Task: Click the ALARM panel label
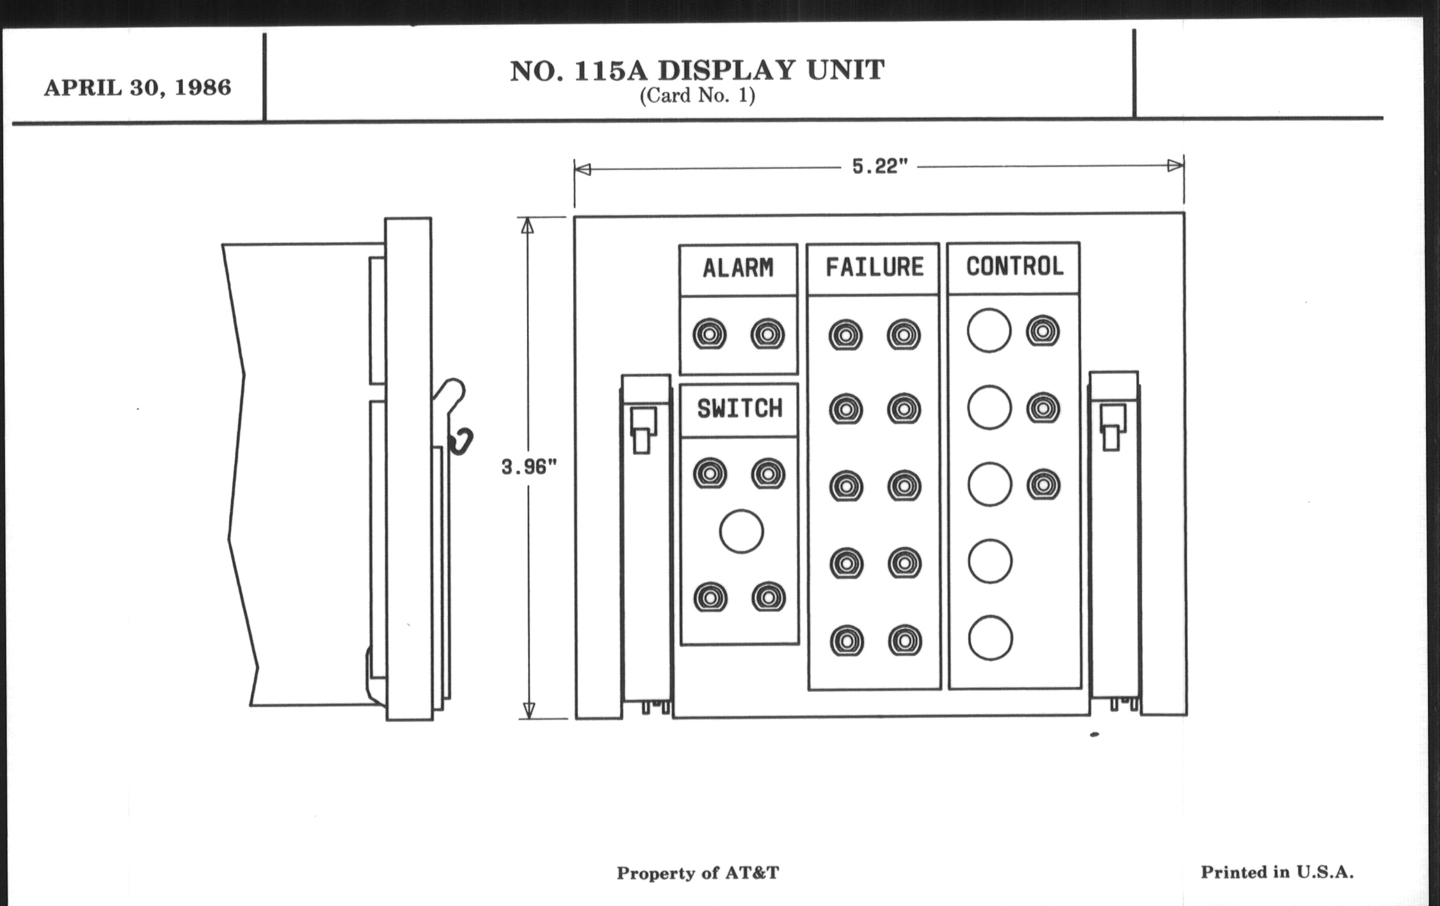point(738,268)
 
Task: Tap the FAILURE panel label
point(875,266)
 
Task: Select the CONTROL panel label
point(1015,266)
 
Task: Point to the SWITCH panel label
point(740,409)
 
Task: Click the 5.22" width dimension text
point(880,167)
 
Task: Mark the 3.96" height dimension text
point(529,467)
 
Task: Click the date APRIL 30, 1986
point(137,88)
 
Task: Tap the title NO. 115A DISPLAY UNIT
point(697,70)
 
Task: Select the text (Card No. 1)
point(697,96)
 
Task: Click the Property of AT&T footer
point(698,873)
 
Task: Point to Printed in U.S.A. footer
point(1277,872)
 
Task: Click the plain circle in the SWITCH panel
point(741,531)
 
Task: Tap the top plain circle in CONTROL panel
point(989,330)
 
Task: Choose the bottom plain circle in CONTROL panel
point(991,638)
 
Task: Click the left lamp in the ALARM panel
point(710,335)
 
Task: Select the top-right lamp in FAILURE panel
point(904,335)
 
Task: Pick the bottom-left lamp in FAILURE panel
point(847,641)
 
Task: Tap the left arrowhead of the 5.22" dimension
point(582,169)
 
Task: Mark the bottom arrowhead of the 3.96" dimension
point(529,710)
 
